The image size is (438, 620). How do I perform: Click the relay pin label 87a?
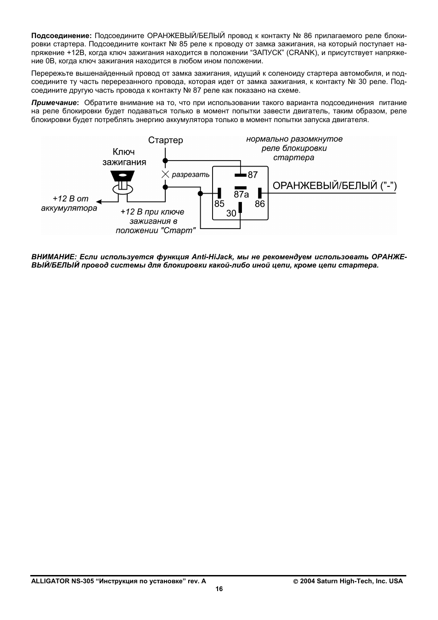tap(241, 195)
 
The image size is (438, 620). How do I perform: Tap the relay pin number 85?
tap(219, 204)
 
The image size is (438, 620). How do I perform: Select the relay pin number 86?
tap(260, 204)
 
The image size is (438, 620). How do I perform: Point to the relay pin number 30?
tap(231, 213)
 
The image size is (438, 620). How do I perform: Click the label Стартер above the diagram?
tap(165, 140)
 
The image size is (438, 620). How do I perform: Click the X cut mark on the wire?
tap(165, 174)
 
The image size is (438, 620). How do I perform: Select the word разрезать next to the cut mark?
tap(191, 175)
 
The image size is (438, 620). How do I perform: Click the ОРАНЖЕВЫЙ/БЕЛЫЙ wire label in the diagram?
tap(334, 186)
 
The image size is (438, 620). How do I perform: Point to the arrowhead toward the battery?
tap(99, 201)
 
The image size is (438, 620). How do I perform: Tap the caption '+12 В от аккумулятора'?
tap(70, 203)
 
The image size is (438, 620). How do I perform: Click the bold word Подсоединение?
tap(62, 35)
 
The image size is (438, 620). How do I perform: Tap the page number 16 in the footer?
tap(219, 589)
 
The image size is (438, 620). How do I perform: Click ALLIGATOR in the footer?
tap(50, 581)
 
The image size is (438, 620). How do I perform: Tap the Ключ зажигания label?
tap(124, 157)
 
